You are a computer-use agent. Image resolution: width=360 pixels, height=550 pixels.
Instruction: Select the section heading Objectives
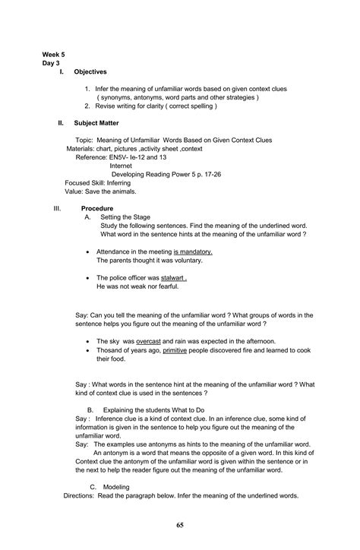click(90, 71)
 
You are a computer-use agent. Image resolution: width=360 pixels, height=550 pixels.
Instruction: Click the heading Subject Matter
click(96, 122)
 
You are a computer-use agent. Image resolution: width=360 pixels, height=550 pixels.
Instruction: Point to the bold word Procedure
click(98, 208)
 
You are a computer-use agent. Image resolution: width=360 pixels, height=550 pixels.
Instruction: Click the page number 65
click(180, 524)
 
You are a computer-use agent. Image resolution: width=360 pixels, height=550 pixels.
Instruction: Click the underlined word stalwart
click(173, 279)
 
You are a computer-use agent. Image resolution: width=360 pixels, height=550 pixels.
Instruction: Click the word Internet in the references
click(122, 165)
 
